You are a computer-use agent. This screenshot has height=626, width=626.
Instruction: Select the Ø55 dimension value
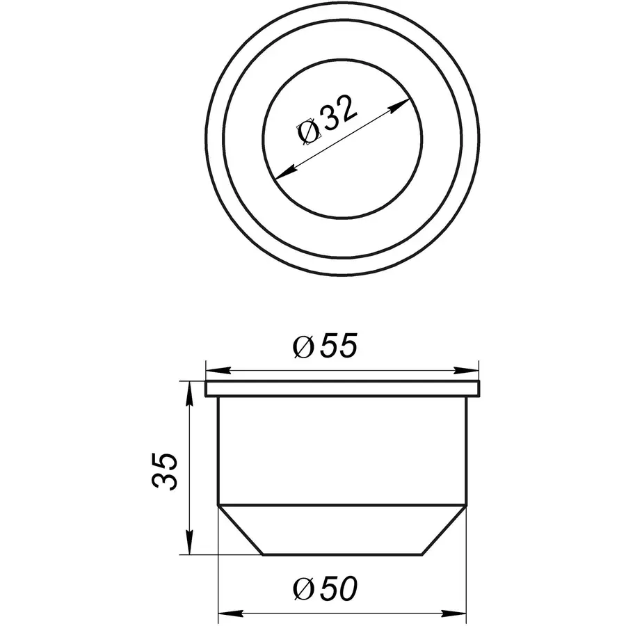click(x=326, y=346)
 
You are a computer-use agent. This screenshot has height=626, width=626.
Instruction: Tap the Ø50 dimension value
click(x=326, y=590)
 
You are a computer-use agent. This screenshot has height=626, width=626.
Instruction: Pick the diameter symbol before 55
click(x=304, y=347)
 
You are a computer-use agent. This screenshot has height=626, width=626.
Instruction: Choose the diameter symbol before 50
click(x=304, y=591)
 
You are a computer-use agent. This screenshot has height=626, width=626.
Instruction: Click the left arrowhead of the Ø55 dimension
click(x=214, y=369)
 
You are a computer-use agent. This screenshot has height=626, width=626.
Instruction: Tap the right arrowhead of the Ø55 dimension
click(x=470, y=369)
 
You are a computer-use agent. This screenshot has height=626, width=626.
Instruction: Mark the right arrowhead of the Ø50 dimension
click(x=456, y=613)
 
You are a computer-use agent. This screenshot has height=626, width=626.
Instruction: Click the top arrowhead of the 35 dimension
click(x=188, y=389)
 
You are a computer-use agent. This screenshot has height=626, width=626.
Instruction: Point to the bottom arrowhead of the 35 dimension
click(x=188, y=546)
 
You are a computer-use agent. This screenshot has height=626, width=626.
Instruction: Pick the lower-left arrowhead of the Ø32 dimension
click(x=284, y=172)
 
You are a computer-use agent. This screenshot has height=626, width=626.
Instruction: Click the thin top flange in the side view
click(x=342, y=389)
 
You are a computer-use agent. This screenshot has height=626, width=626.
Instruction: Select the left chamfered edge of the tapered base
click(x=241, y=530)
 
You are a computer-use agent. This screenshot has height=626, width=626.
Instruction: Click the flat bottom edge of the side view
click(x=342, y=554)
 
